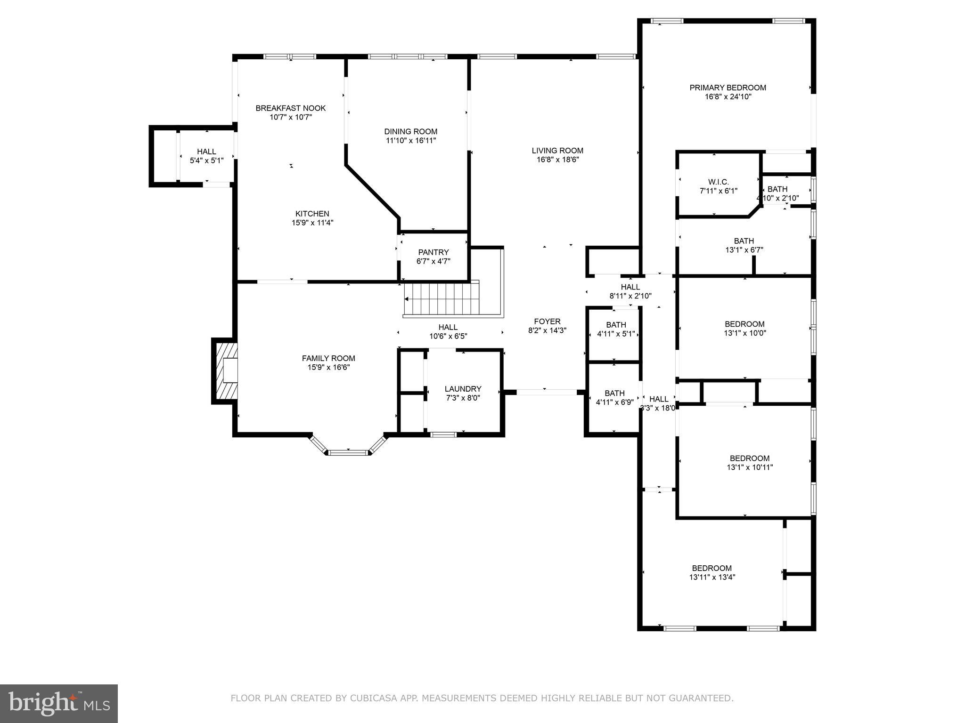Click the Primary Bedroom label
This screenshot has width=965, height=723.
[x=728, y=88]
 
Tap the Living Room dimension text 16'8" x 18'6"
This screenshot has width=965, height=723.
[x=557, y=160]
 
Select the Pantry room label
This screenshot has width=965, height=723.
[x=433, y=252]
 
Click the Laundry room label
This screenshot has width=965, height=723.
[x=463, y=389]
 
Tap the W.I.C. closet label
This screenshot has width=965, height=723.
[x=718, y=182]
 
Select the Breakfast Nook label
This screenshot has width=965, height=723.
[x=291, y=108]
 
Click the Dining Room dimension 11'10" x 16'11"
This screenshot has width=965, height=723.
[x=410, y=141]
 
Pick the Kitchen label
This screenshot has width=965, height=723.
[x=312, y=214]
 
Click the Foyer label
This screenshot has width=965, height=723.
[x=547, y=321]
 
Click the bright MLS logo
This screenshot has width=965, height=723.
[x=59, y=703]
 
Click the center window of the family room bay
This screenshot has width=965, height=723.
[x=348, y=453]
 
